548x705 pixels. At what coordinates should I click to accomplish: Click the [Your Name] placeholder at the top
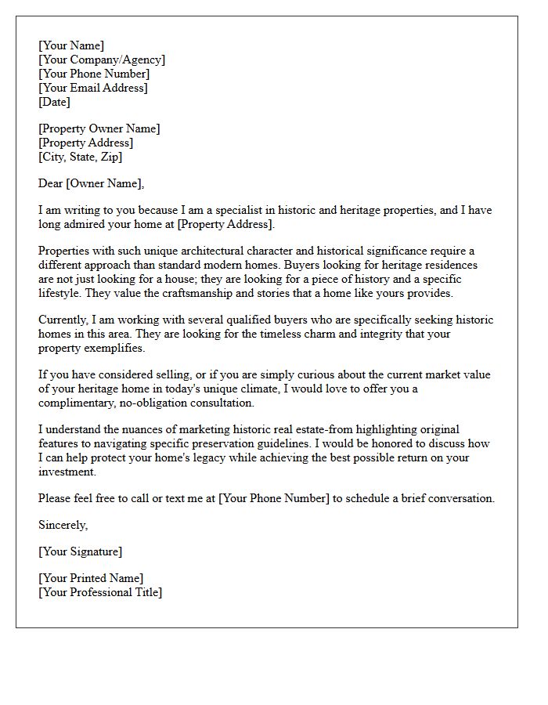(x=71, y=46)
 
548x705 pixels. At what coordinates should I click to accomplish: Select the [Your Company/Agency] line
(x=102, y=60)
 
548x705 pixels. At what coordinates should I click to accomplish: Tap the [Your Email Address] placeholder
(x=93, y=89)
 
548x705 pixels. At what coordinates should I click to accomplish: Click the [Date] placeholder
(x=55, y=103)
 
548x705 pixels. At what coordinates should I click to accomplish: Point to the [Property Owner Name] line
(x=99, y=129)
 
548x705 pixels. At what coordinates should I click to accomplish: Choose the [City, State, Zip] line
(x=81, y=157)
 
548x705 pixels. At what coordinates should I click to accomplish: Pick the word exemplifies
(x=115, y=349)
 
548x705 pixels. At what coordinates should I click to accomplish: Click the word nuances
(x=145, y=430)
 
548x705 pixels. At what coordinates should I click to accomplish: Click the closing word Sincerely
(x=63, y=526)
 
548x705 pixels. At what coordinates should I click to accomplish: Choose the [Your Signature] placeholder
(x=81, y=552)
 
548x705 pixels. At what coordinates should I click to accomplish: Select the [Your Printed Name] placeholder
(x=91, y=579)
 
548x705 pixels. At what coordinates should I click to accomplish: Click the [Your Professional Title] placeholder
(x=100, y=593)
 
